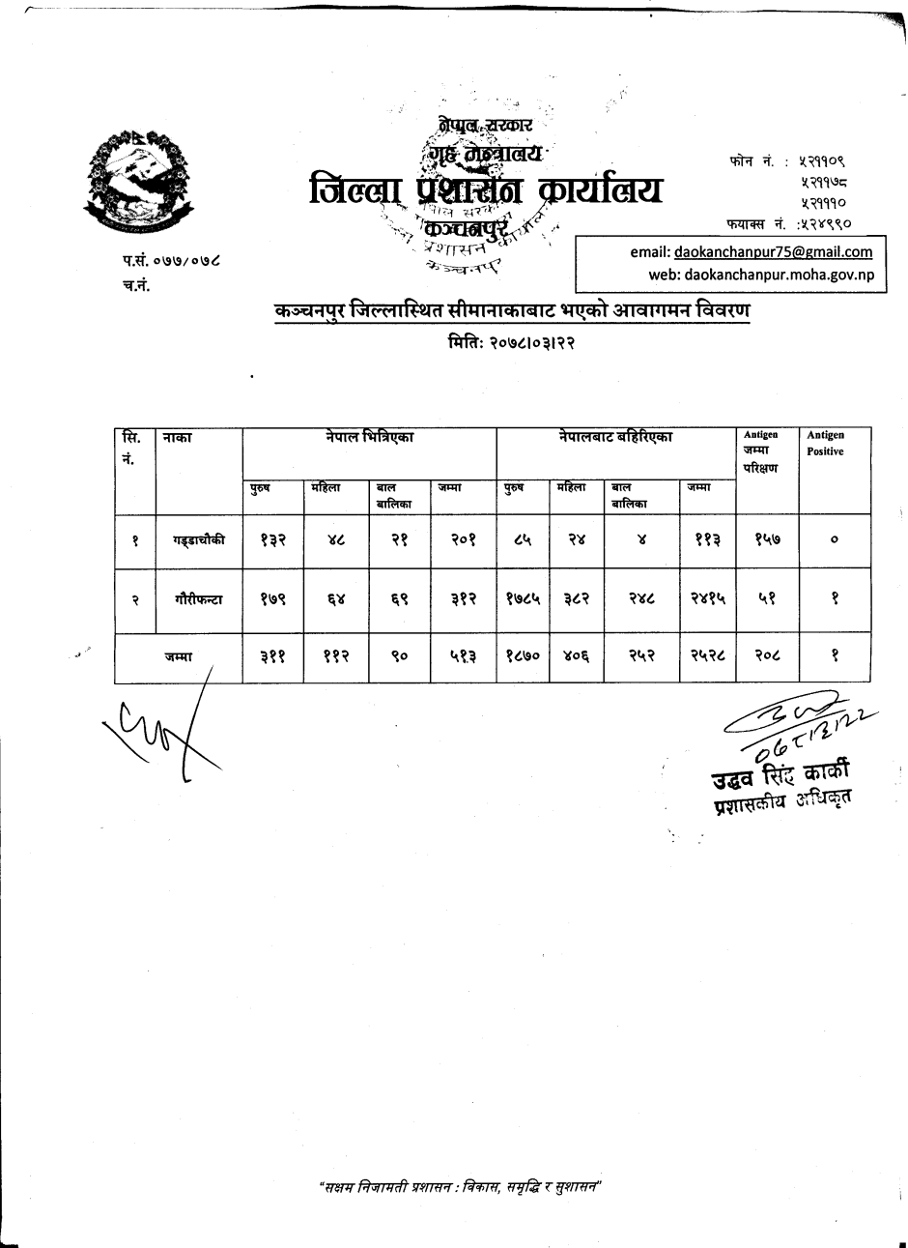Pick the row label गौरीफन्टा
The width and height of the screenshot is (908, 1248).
199,599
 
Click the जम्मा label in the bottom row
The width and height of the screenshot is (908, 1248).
179,657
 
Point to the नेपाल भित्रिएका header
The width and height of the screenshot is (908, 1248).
369,438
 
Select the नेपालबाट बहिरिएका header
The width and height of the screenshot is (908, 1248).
615,438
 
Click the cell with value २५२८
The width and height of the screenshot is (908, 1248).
707,657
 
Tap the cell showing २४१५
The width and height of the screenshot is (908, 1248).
707,599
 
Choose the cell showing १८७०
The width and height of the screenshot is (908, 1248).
523,657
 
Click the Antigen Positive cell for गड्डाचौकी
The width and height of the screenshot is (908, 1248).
833,541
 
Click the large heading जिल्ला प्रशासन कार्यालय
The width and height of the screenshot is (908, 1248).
485,190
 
